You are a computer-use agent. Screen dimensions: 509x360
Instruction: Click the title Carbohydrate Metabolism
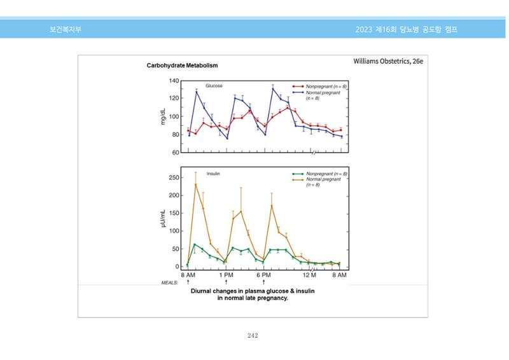182,66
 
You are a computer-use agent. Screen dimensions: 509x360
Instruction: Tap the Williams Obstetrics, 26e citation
388,61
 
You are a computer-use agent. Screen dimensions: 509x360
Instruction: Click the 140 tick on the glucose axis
174,81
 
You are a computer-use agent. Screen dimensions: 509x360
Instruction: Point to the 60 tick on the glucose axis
176,152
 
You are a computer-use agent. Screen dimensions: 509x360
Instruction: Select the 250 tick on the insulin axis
174,177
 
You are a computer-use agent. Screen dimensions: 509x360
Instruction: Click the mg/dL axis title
163,116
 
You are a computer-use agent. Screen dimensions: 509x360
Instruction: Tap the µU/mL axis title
163,218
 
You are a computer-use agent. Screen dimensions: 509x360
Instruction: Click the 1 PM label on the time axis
226,275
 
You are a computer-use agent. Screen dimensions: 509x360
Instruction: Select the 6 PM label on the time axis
263,275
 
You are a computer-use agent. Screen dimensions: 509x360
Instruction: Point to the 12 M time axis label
309,275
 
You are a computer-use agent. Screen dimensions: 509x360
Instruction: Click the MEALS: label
169,283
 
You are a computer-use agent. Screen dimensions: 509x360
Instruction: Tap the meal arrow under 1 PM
226,282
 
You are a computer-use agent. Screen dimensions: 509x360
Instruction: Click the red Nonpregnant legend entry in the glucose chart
319,87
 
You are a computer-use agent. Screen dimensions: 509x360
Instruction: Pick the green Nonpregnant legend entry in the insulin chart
320,174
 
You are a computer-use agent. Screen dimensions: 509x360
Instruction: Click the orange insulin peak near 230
195,184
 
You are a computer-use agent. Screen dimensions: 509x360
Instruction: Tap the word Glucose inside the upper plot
214,86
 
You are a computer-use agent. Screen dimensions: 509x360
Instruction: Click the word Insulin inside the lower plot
213,174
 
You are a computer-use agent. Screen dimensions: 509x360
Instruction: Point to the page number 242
253,335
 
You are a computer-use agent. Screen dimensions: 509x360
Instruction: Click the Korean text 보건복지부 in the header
66,29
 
